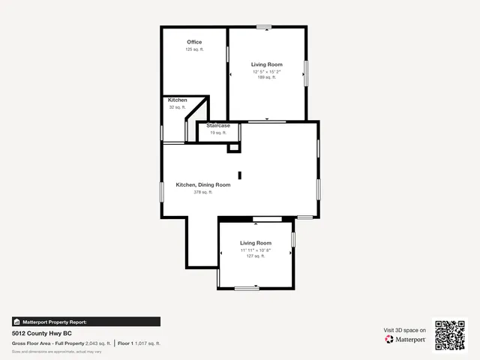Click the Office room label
194,42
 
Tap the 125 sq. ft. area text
194,49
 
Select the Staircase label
217,125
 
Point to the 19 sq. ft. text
217,133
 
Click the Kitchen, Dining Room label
202,184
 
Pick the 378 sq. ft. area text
202,192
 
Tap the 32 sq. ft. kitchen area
177,107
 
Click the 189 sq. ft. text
266,77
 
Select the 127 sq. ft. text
255,256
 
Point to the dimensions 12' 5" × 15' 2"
266,71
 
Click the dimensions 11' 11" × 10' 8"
255,250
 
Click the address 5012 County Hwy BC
41,332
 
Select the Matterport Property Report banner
85,322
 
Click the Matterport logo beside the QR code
406,340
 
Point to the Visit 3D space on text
405,330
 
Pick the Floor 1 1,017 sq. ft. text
139,343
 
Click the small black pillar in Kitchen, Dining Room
239,176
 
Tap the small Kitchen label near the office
177,100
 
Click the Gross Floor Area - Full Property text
48,343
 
